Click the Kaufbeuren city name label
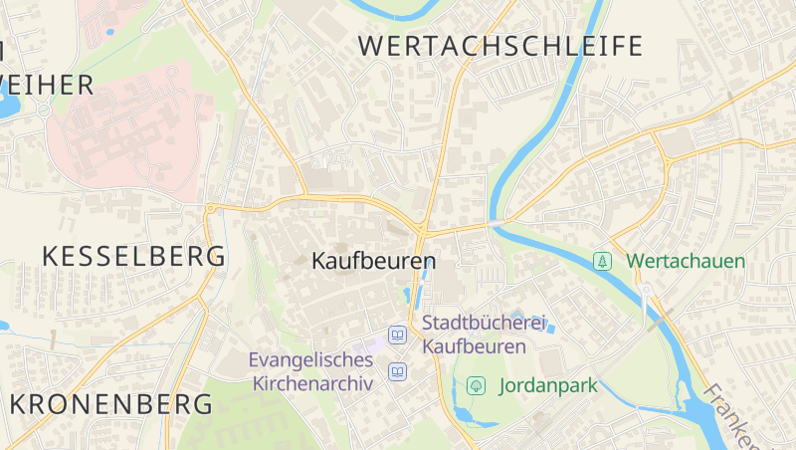pos(373,262)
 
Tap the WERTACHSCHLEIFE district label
pos(500,46)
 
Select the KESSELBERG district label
pos(133,256)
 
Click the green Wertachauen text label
pos(685,261)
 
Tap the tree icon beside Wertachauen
pos(602,261)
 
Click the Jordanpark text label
pos(547,385)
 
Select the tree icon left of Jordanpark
pos(476,385)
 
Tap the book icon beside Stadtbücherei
pos(398,335)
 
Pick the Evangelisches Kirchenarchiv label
pos(310,370)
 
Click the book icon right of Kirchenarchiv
pos(398,371)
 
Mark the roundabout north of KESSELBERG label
pos(211,208)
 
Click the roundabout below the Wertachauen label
pos(646,290)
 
